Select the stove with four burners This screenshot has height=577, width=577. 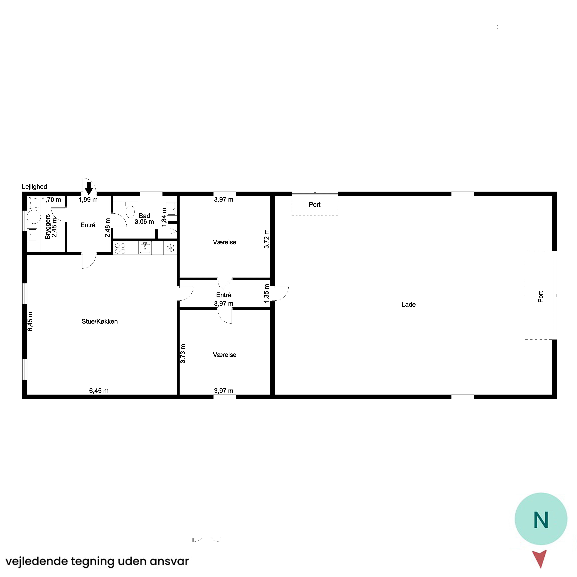(120, 248)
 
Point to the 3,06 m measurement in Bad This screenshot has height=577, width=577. (144, 222)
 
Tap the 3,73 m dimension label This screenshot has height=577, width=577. (183, 354)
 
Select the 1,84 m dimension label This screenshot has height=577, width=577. (164, 217)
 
